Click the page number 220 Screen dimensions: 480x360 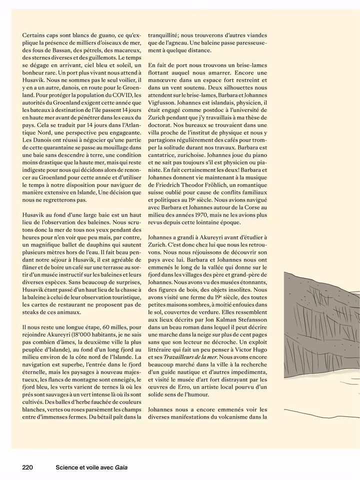coord(27,467)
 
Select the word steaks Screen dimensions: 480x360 coord(33,312)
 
